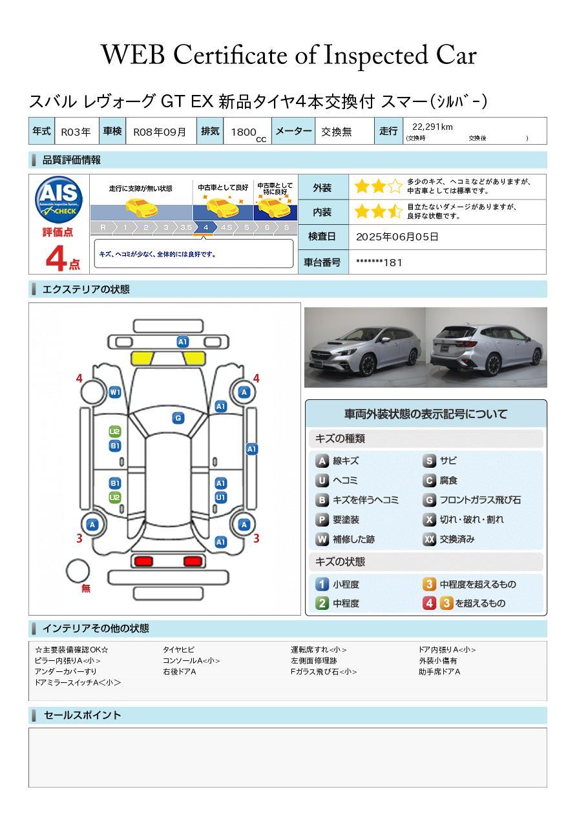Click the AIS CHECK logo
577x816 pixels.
click(x=59, y=200)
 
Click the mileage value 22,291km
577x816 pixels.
click(x=432, y=127)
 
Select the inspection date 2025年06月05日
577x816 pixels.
click(x=397, y=236)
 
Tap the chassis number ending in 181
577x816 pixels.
click(x=379, y=262)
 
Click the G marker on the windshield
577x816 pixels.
click(x=178, y=418)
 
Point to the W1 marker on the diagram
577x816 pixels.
click(x=115, y=392)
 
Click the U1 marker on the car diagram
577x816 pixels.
click(x=221, y=497)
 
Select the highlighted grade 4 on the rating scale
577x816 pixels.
click(x=205, y=227)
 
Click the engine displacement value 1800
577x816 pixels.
click(x=244, y=132)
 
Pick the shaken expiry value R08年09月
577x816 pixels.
click(x=160, y=132)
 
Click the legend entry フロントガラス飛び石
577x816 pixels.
click(x=472, y=500)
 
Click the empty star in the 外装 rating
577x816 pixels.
click(x=395, y=187)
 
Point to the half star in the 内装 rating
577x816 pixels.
click(x=395, y=211)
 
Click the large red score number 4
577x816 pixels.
click(x=56, y=258)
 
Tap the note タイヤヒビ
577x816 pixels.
click(x=178, y=649)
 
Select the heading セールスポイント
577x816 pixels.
click(x=82, y=715)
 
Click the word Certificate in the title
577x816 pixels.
click(x=230, y=55)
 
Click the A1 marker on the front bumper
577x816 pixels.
click(x=182, y=342)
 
